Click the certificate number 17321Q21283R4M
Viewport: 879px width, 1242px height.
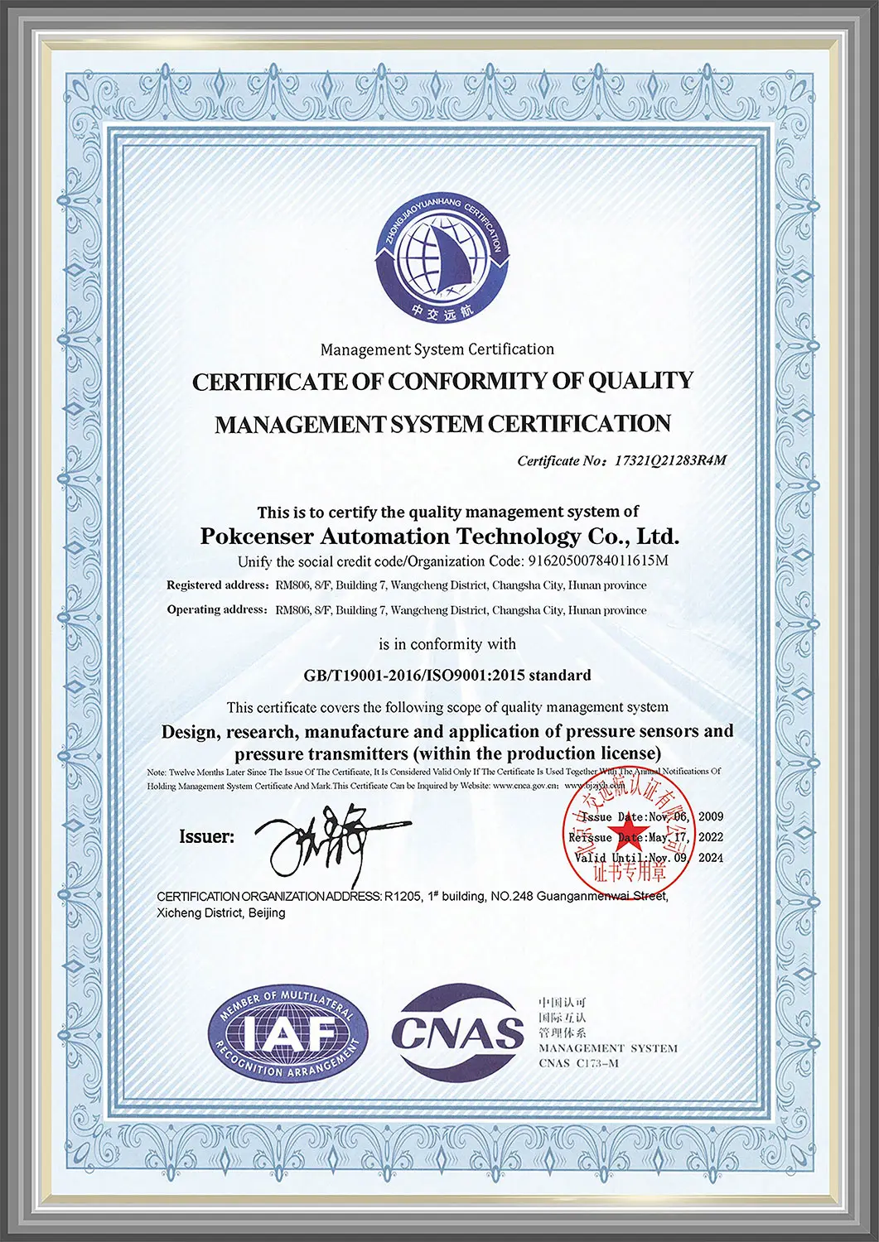[x=669, y=460]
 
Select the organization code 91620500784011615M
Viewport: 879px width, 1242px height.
[x=597, y=561]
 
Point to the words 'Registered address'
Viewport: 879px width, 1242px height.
[x=216, y=585]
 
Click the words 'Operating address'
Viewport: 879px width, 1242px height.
[x=216, y=610]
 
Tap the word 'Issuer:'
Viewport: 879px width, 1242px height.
[x=206, y=837]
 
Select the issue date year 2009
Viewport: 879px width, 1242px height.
[x=711, y=816]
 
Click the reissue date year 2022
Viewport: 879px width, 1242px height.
[x=711, y=837]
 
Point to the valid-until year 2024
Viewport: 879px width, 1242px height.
[x=711, y=858]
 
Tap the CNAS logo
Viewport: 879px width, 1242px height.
[x=458, y=1032]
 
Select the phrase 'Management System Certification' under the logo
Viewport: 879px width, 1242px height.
[x=437, y=349]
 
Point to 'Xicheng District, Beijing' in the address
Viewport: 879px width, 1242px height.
[x=221, y=912]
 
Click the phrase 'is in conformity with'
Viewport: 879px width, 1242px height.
[x=447, y=644]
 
